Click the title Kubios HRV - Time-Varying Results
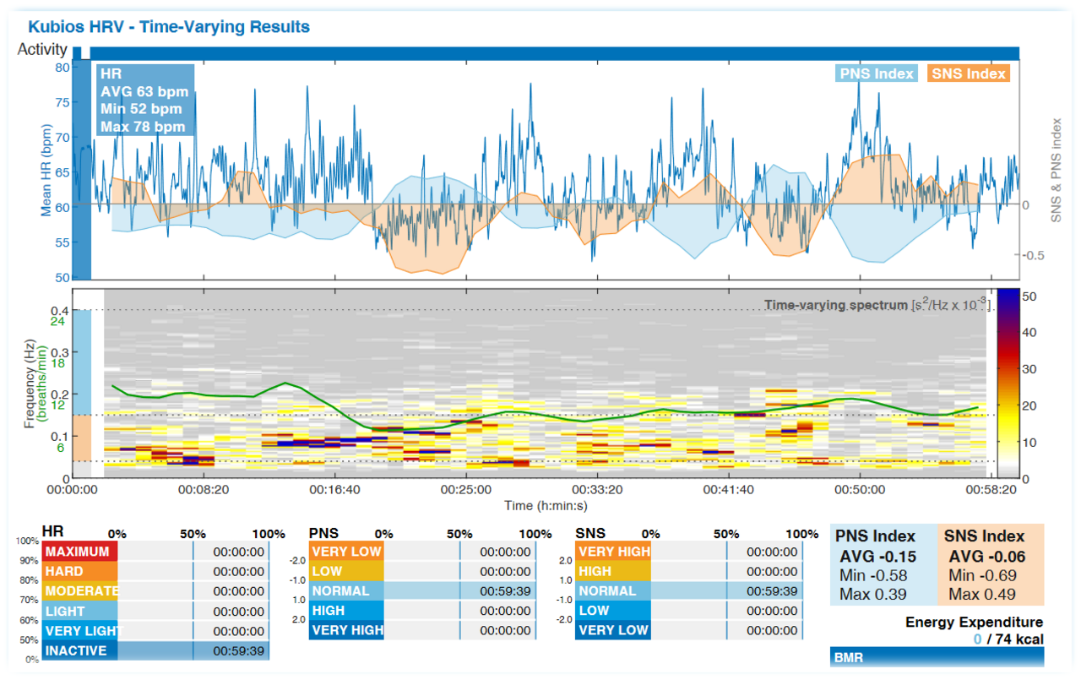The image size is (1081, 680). (x=168, y=27)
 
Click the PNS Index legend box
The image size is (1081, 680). (x=876, y=73)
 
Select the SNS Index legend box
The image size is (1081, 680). (x=969, y=73)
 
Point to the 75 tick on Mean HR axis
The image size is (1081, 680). (x=61, y=102)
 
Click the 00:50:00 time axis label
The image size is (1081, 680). (x=861, y=490)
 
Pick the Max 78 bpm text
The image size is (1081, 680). (x=141, y=127)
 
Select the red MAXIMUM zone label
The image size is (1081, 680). (x=79, y=552)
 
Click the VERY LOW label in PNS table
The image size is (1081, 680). (x=346, y=552)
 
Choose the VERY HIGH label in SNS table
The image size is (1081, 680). (x=614, y=552)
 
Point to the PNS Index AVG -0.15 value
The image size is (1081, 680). (x=878, y=557)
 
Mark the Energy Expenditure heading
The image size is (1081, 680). (x=974, y=623)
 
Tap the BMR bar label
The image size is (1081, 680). (x=847, y=657)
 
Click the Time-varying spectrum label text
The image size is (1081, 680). (x=834, y=305)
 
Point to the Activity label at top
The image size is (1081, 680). (x=42, y=50)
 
